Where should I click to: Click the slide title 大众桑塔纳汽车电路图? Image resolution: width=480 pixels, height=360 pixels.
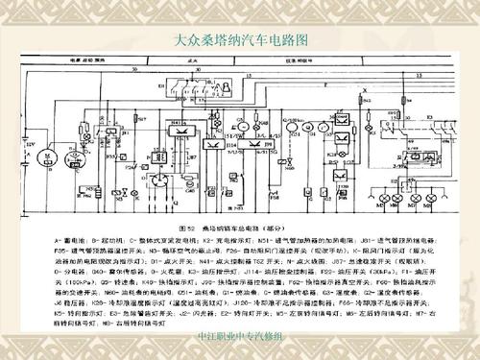pyautogui.click(x=241, y=41)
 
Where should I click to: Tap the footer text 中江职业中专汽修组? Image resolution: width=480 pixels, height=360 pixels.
pyautogui.click(x=240, y=336)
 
